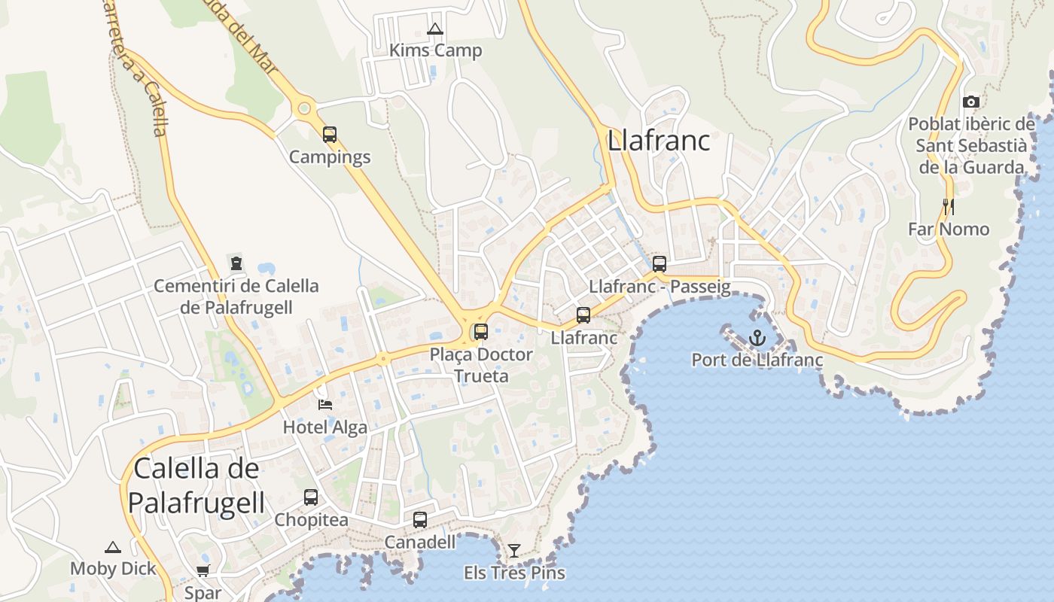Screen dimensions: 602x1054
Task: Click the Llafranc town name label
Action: [659, 141]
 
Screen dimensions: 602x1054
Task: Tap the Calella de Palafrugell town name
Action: [196, 485]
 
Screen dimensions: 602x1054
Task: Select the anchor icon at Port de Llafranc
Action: [757, 338]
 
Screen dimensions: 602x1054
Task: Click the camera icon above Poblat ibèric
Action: [971, 102]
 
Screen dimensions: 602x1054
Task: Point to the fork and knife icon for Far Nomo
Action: [948, 206]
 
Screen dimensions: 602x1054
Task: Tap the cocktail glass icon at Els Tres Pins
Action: [513, 551]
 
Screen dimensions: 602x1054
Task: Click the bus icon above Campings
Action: [330, 135]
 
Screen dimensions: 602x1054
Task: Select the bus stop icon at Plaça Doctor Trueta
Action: [480, 331]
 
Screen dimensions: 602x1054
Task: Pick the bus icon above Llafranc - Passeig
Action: [660, 263]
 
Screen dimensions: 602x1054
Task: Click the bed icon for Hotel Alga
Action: [325, 405]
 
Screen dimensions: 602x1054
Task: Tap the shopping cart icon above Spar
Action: [203, 570]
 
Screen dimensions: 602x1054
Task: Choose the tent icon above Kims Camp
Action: [434, 30]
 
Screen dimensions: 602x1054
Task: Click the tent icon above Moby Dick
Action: [113, 547]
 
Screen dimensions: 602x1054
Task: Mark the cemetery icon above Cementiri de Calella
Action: [236, 263]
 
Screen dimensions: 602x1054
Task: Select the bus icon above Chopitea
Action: [310, 497]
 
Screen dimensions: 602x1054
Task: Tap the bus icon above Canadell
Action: [420, 519]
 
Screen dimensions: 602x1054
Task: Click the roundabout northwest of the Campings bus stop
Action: [304, 108]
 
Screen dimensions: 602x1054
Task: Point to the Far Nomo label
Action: [949, 229]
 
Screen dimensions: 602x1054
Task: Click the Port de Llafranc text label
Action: [757, 360]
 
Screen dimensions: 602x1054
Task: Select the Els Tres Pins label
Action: [514, 573]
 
